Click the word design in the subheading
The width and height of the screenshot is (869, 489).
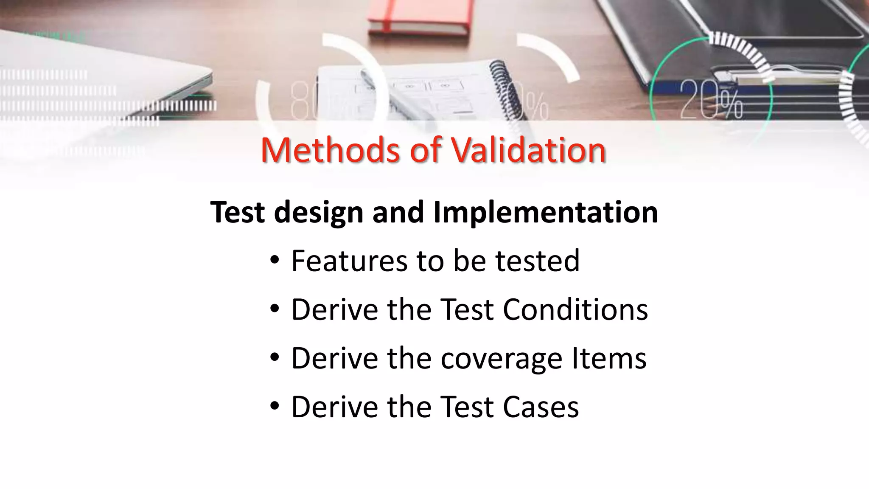319,212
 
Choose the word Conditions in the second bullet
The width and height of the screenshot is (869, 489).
575,309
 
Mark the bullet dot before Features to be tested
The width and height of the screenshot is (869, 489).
275,261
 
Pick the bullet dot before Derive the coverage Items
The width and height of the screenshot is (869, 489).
275,358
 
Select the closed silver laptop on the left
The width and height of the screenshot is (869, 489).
102,72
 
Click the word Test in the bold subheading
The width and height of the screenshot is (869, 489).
237,212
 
